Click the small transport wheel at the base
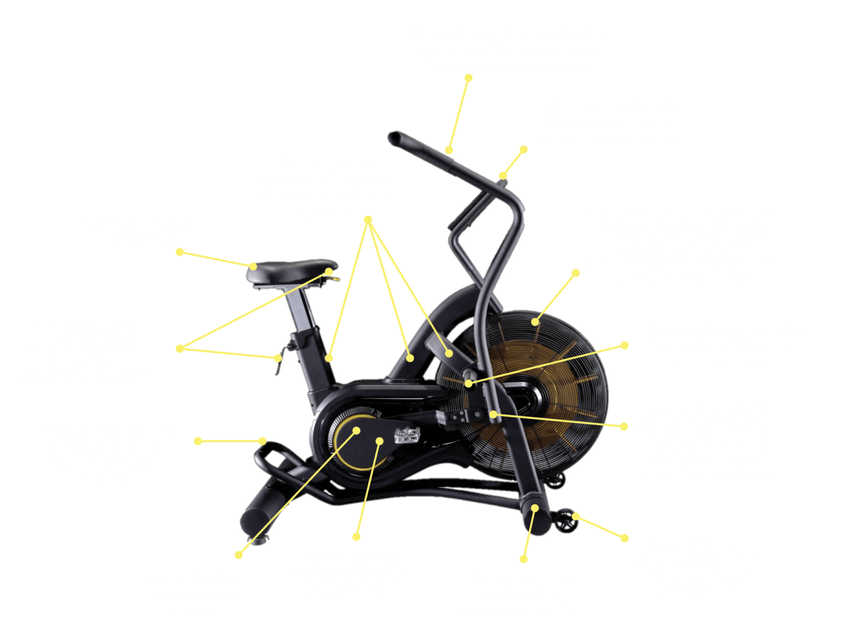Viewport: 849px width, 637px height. tap(565, 521)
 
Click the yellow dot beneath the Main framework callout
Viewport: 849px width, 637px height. tap(368, 220)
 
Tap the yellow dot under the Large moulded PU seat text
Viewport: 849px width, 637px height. tap(180, 252)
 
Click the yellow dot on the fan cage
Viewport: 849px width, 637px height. tap(535, 321)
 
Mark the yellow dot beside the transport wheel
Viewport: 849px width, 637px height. tap(576, 516)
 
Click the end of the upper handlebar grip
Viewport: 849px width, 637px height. tap(394, 137)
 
